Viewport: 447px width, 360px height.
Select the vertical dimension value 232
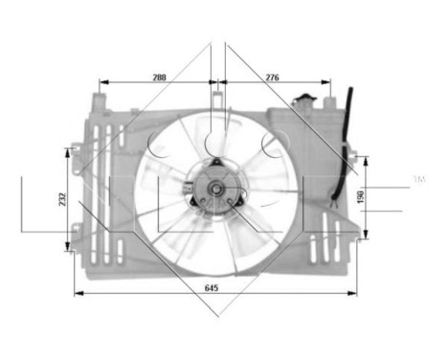[x=61, y=199]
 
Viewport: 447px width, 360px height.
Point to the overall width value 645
[x=213, y=285]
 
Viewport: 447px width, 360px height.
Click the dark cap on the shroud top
[x=305, y=99]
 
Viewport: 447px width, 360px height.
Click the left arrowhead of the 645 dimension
[x=76, y=293]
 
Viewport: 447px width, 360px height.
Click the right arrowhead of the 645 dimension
[x=355, y=293]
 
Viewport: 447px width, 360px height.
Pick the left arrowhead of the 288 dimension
[x=101, y=82]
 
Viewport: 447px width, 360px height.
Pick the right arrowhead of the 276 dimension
[x=328, y=82]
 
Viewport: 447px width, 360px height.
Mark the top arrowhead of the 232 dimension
[x=69, y=150]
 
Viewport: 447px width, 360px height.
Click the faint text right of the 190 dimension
[x=418, y=179]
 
